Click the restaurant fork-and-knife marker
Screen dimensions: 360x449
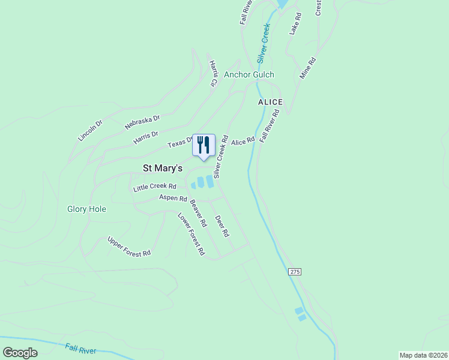(x=203, y=145)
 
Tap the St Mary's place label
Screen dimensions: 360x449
(x=161, y=169)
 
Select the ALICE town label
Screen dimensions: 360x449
(x=270, y=103)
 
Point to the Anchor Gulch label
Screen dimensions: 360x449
(x=249, y=75)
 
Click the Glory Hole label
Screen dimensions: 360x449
(x=86, y=209)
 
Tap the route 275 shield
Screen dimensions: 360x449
(x=294, y=272)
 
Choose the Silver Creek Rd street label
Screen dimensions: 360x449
(x=221, y=156)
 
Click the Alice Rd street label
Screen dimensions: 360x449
(x=243, y=141)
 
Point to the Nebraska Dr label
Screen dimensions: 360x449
(x=142, y=122)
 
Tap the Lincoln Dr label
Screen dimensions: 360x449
(x=90, y=130)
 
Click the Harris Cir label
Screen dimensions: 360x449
(x=213, y=73)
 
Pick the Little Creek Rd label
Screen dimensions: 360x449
(x=155, y=187)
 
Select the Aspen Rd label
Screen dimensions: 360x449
(x=173, y=197)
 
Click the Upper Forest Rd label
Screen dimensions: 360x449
(x=128, y=247)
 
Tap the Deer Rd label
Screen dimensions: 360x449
(x=222, y=225)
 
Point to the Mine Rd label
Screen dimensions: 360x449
(x=308, y=68)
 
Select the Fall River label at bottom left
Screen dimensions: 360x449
(x=80, y=348)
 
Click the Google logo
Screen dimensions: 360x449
(x=20, y=353)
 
